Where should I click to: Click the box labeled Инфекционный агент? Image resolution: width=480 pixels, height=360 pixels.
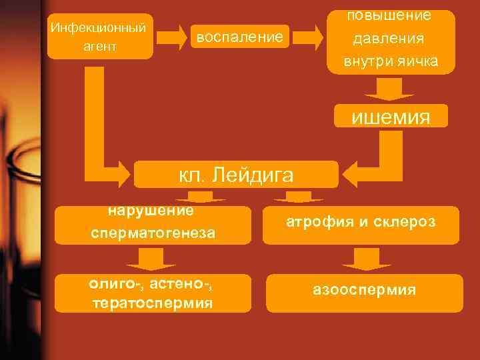click(x=100, y=37)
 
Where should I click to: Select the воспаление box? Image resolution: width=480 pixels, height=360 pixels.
click(x=239, y=37)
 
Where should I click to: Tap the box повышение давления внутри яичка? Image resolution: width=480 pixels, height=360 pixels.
click(x=391, y=40)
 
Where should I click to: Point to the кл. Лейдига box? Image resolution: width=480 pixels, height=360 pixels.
click(x=236, y=175)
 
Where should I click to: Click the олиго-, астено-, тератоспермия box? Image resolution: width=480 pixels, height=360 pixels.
click(x=152, y=293)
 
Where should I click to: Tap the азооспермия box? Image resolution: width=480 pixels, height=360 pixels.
click(x=364, y=291)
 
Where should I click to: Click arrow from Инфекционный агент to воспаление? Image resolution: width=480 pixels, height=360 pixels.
click(x=173, y=37)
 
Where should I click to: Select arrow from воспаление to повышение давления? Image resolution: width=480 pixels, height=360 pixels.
click(x=306, y=37)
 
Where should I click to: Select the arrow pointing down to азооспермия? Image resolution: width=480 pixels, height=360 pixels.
click(x=362, y=259)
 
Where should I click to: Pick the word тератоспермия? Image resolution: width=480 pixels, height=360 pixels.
click(x=152, y=303)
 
